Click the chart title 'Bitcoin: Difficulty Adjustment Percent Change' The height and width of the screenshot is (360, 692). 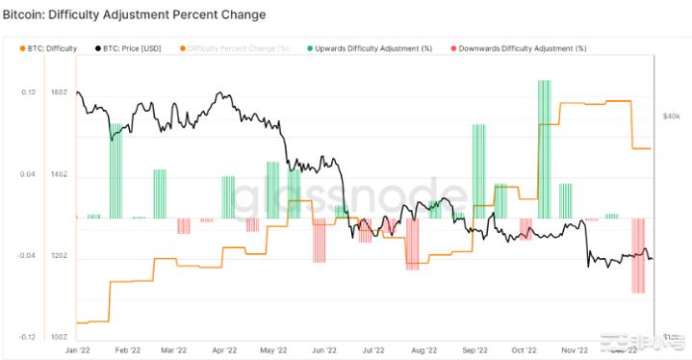[x=134, y=16]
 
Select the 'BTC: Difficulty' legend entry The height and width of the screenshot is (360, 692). [x=51, y=47]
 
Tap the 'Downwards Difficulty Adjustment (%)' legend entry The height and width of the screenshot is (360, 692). [x=509, y=47]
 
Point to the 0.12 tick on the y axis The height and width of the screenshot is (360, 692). [x=28, y=93]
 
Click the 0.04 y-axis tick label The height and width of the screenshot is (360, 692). [x=28, y=175]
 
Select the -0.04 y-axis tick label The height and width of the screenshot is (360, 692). [x=27, y=257]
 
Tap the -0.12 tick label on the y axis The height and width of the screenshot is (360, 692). [x=27, y=338]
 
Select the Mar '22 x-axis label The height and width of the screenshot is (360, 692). [x=172, y=351]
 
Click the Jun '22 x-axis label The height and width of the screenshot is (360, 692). [x=325, y=351]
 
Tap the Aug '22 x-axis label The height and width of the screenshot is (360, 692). [x=423, y=351]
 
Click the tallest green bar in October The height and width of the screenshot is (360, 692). [x=547, y=149]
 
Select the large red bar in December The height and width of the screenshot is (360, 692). [x=636, y=255]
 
